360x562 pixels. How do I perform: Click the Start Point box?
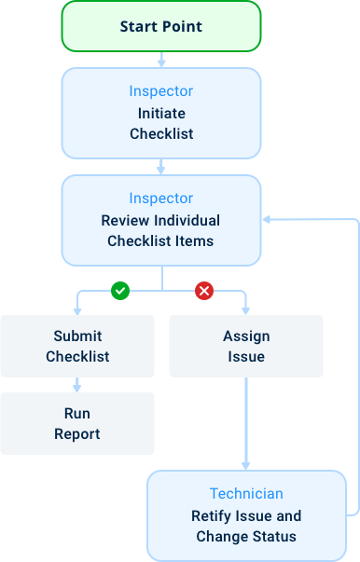tap(161, 26)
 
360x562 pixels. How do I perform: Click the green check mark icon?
tap(119, 292)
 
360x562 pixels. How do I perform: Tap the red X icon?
tap(203, 292)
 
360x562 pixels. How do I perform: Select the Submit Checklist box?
tap(77, 346)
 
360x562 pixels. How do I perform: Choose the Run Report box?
tap(77, 423)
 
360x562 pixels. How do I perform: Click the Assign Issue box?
tap(245, 346)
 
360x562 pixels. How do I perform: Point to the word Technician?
tap(246, 494)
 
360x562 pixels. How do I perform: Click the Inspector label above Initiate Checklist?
tap(161, 91)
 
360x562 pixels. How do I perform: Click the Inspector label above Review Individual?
tap(161, 199)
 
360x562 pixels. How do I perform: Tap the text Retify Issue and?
tap(246, 515)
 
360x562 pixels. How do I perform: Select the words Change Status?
tap(246, 537)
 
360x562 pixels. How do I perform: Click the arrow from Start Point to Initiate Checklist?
tap(161, 59)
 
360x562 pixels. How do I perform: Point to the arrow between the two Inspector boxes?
tap(161, 166)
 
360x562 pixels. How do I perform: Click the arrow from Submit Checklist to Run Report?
tap(77, 384)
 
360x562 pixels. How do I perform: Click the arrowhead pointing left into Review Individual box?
tap(268, 220)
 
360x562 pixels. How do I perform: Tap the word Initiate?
tap(161, 113)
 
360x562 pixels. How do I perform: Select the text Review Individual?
tap(161, 221)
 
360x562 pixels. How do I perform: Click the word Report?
tap(77, 433)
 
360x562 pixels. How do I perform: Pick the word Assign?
tap(245, 336)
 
